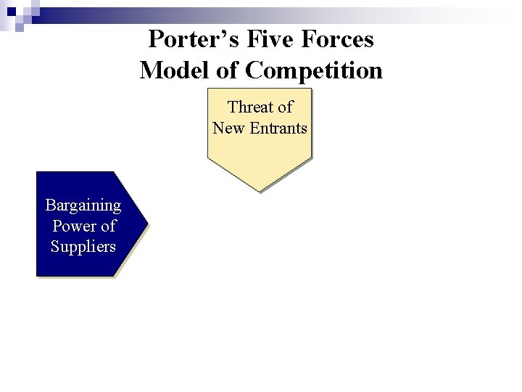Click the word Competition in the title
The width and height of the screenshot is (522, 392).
314,70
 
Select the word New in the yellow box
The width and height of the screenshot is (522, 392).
228,128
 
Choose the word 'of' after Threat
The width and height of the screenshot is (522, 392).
285,107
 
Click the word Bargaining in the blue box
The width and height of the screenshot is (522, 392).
83,205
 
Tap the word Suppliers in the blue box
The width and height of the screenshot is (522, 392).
83,247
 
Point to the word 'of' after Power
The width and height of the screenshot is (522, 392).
107,226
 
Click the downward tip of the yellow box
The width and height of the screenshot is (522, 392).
259,189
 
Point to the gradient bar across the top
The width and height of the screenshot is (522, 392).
290,9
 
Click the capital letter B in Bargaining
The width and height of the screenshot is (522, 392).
50,204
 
